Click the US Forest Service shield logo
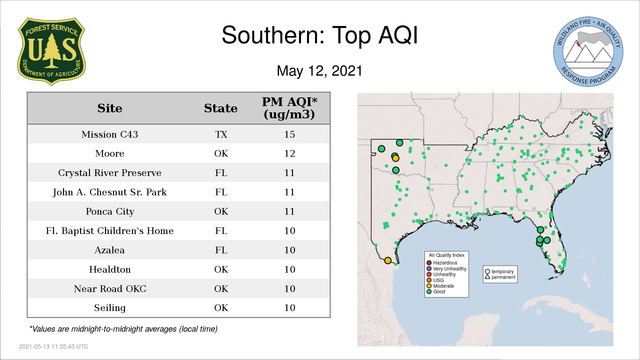(x=51, y=51)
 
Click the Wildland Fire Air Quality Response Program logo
(x=588, y=52)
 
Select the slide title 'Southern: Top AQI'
(x=320, y=35)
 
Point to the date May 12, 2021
(x=319, y=71)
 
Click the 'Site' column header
(x=110, y=108)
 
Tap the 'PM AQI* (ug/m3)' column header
(x=289, y=108)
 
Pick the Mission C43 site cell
(x=110, y=134)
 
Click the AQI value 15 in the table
(x=289, y=134)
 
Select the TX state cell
(x=221, y=134)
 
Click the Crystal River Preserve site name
(x=110, y=173)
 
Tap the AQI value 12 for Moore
(x=289, y=153)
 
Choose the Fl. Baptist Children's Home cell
(x=110, y=231)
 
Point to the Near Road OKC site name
(x=110, y=289)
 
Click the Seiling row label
(x=110, y=308)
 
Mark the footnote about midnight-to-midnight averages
(x=123, y=329)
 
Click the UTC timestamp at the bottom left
(x=53, y=347)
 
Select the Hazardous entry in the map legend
(x=442, y=263)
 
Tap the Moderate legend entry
(x=440, y=286)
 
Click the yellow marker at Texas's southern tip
(x=388, y=260)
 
